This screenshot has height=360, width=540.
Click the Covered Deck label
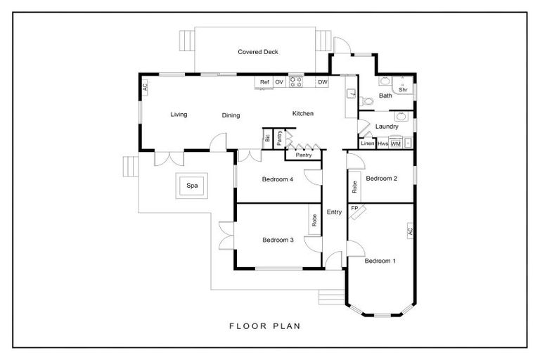(x=258, y=51)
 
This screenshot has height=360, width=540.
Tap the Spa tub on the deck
(x=192, y=186)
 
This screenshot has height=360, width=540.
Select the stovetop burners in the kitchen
(x=295, y=82)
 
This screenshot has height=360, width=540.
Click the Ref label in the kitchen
(x=264, y=82)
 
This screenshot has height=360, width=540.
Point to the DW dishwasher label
(x=323, y=82)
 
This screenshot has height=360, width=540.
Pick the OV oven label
(x=279, y=82)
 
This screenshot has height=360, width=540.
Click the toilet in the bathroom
(x=366, y=101)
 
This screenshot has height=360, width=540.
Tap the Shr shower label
(x=403, y=89)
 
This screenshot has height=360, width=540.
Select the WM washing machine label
(x=396, y=143)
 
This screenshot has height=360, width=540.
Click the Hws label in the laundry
(x=382, y=143)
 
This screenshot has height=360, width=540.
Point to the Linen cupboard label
(x=368, y=143)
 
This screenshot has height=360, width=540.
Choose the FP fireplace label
(x=354, y=207)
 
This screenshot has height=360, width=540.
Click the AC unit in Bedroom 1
(x=410, y=231)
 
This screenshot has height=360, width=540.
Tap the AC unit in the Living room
(x=145, y=86)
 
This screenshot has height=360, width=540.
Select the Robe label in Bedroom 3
(x=314, y=220)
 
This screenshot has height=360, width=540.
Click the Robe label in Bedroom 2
(x=354, y=187)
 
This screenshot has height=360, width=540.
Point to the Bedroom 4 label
(x=278, y=179)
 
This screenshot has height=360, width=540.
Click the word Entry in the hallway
(x=334, y=212)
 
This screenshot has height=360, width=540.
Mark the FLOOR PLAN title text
(x=265, y=326)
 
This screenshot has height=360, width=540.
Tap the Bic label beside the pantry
(x=268, y=139)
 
